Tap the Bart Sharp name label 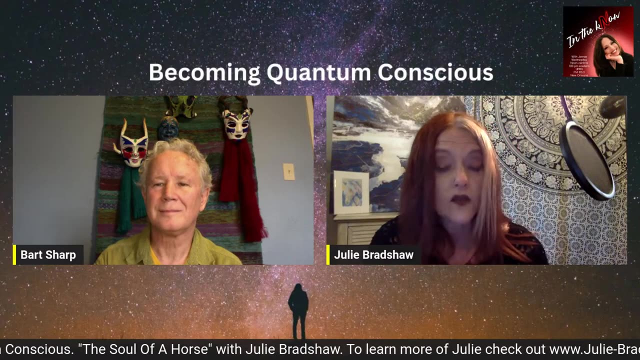pyautogui.click(x=48, y=255)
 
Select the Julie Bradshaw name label pyautogui.click(x=373, y=255)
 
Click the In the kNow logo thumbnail pyautogui.click(x=598, y=41)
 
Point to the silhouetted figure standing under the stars pyautogui.click(x=298, y=310)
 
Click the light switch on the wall pyautogui.click(x=289, y=171)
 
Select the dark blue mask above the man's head pyautogui.click(x=168, y=128)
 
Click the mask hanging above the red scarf pyautogui.click(x=236, y=122)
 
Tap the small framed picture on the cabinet pyautogui.click(x=351, y=192)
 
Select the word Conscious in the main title pyautogui.click(x=435, y=73)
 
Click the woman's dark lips pyautogui.click(x=460, y=199)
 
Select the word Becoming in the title pyautogui.click(x=204, y=73)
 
